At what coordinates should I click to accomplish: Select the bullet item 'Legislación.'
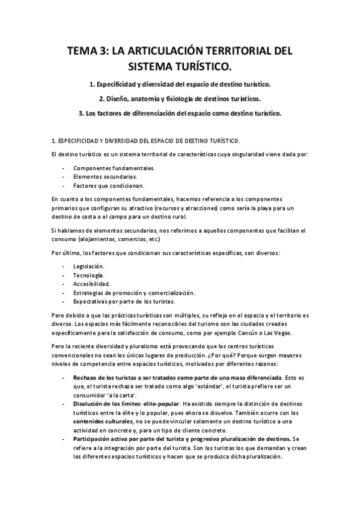[x=88, y=265]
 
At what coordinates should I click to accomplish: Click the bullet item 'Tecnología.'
[x=87, y=274]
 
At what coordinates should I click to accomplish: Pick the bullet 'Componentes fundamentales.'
[x=114, y=168]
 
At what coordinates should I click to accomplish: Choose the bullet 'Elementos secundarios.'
[x=104, y=177]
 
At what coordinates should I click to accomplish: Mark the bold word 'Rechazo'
[x=85, y=377]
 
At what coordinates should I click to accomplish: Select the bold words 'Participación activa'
[x=102, y=439]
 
